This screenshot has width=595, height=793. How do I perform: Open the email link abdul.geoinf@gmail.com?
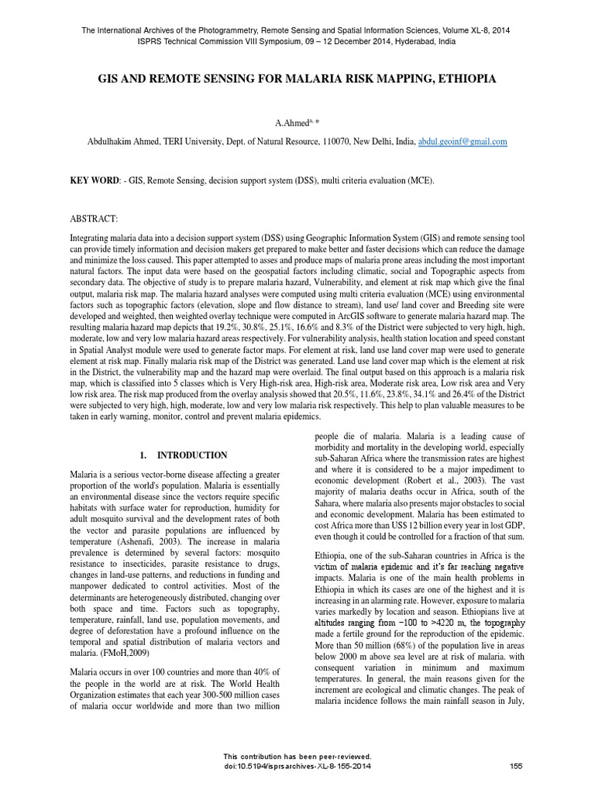pos(463,142)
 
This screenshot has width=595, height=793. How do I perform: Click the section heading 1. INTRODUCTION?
pos(184,455)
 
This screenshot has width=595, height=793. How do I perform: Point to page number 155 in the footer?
pos(516,767)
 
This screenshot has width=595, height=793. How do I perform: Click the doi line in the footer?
pos(297,767)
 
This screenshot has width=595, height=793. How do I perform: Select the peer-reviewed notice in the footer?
pos(297,757)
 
